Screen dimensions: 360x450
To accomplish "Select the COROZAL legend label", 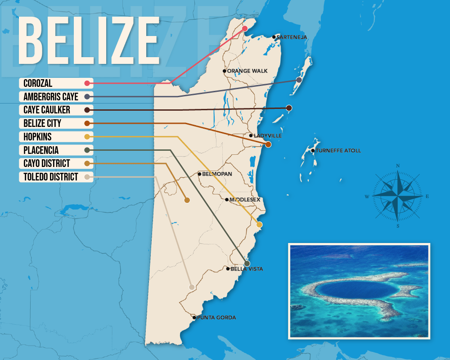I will pyautogui.click(x=38, y=83).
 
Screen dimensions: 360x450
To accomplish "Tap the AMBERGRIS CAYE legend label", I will pyautogui.click(x=51, y=96).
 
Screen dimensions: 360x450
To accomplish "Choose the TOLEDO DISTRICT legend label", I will pyautogui.click(x=51, y=177).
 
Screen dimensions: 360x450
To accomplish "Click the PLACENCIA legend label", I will pyautogui.click(x=41, y=150).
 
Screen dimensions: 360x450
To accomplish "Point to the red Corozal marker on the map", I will pyautogui.click(x=245, y=28).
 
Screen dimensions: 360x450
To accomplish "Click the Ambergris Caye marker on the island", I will pyautogui.click(x=299, y=80).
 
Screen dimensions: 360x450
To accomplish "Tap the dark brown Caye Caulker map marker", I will pyautogui.click(x=289, y=108).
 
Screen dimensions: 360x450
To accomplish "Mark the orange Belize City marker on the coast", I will pyautogui.click(x=268, y=144).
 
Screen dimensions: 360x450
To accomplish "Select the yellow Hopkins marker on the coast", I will pyautogui.click(x=259, y=224).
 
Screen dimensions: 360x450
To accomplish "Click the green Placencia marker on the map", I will pyautogui.click(x=247, y=263).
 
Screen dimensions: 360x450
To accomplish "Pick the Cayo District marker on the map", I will pyautogui.click(x=187, y=200).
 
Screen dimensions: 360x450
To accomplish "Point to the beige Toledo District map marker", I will pyautogui.click(x=192, y=287).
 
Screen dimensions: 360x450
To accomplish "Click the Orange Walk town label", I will pyautogui.click(x=247, y=71).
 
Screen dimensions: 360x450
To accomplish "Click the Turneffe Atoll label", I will pyautogui.click(x=338, y=151).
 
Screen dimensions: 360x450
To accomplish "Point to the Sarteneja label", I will pyautogui.click(x=291, y=37).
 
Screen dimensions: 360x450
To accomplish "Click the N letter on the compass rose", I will pyautogui.click(x=398, y=166).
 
